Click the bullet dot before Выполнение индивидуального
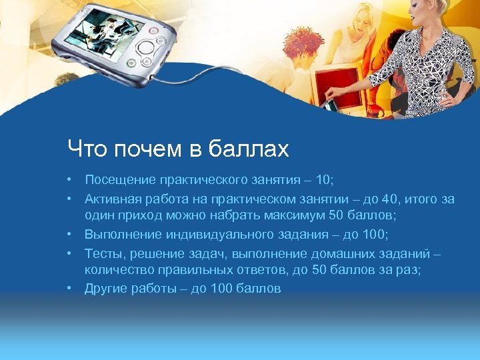[69, 234]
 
